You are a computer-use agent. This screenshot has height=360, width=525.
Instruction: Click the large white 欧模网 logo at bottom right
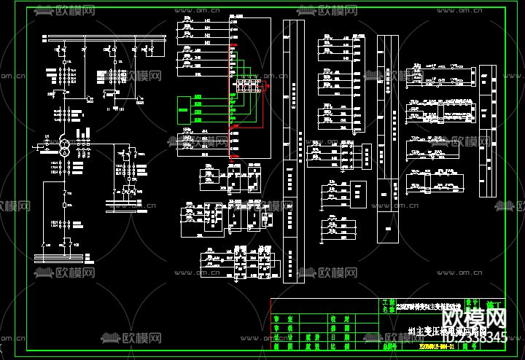(475, 318)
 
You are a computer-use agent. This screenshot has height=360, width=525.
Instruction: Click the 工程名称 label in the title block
(386, 306)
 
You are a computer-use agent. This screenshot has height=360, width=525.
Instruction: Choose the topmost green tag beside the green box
(198, 100)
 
